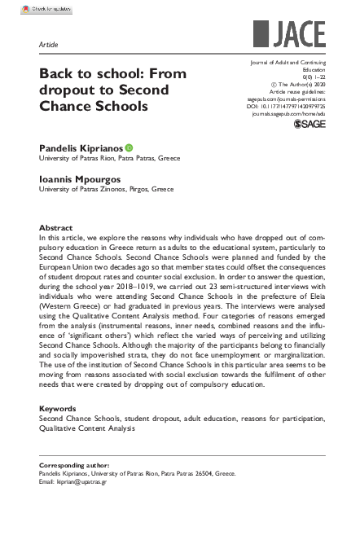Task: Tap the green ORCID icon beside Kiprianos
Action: (x=129, y=147)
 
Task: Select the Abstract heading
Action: (x=56, y=227)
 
